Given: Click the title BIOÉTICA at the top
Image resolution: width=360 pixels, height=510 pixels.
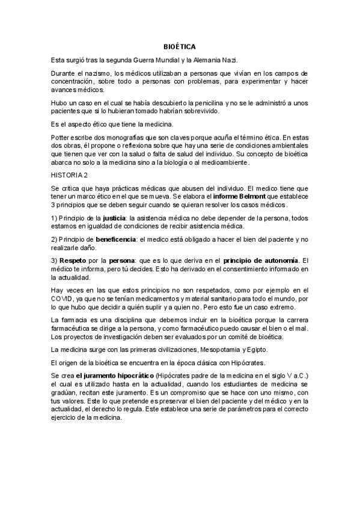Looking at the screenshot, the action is [180, 46].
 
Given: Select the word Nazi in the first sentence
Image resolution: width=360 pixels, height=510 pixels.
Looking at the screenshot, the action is [230, 59].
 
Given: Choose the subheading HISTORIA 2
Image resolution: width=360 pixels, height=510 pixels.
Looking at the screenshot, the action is [70, 175].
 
